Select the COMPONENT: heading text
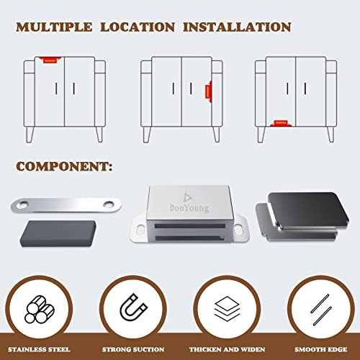(x=65, y=166)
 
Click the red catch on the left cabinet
(x=48, y=61)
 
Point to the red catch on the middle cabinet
(x=208, y=91)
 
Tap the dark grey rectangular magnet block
(x=53, y=235)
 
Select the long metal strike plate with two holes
(x=66, y=205)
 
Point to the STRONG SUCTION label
(x=133, y=351)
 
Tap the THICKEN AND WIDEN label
(x=227, y=351)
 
